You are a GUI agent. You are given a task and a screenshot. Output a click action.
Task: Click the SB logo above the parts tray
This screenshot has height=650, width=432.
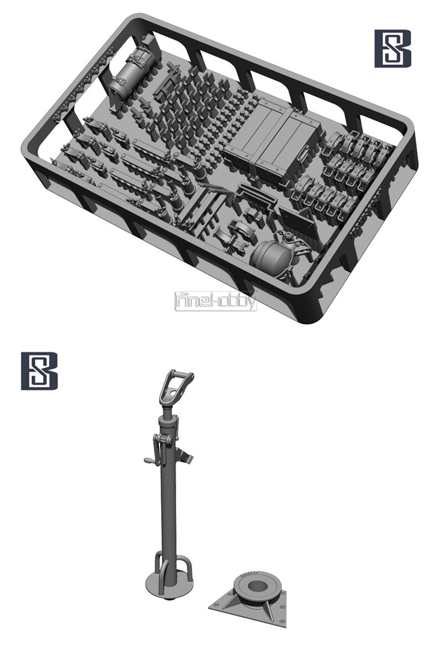click(393, 49)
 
